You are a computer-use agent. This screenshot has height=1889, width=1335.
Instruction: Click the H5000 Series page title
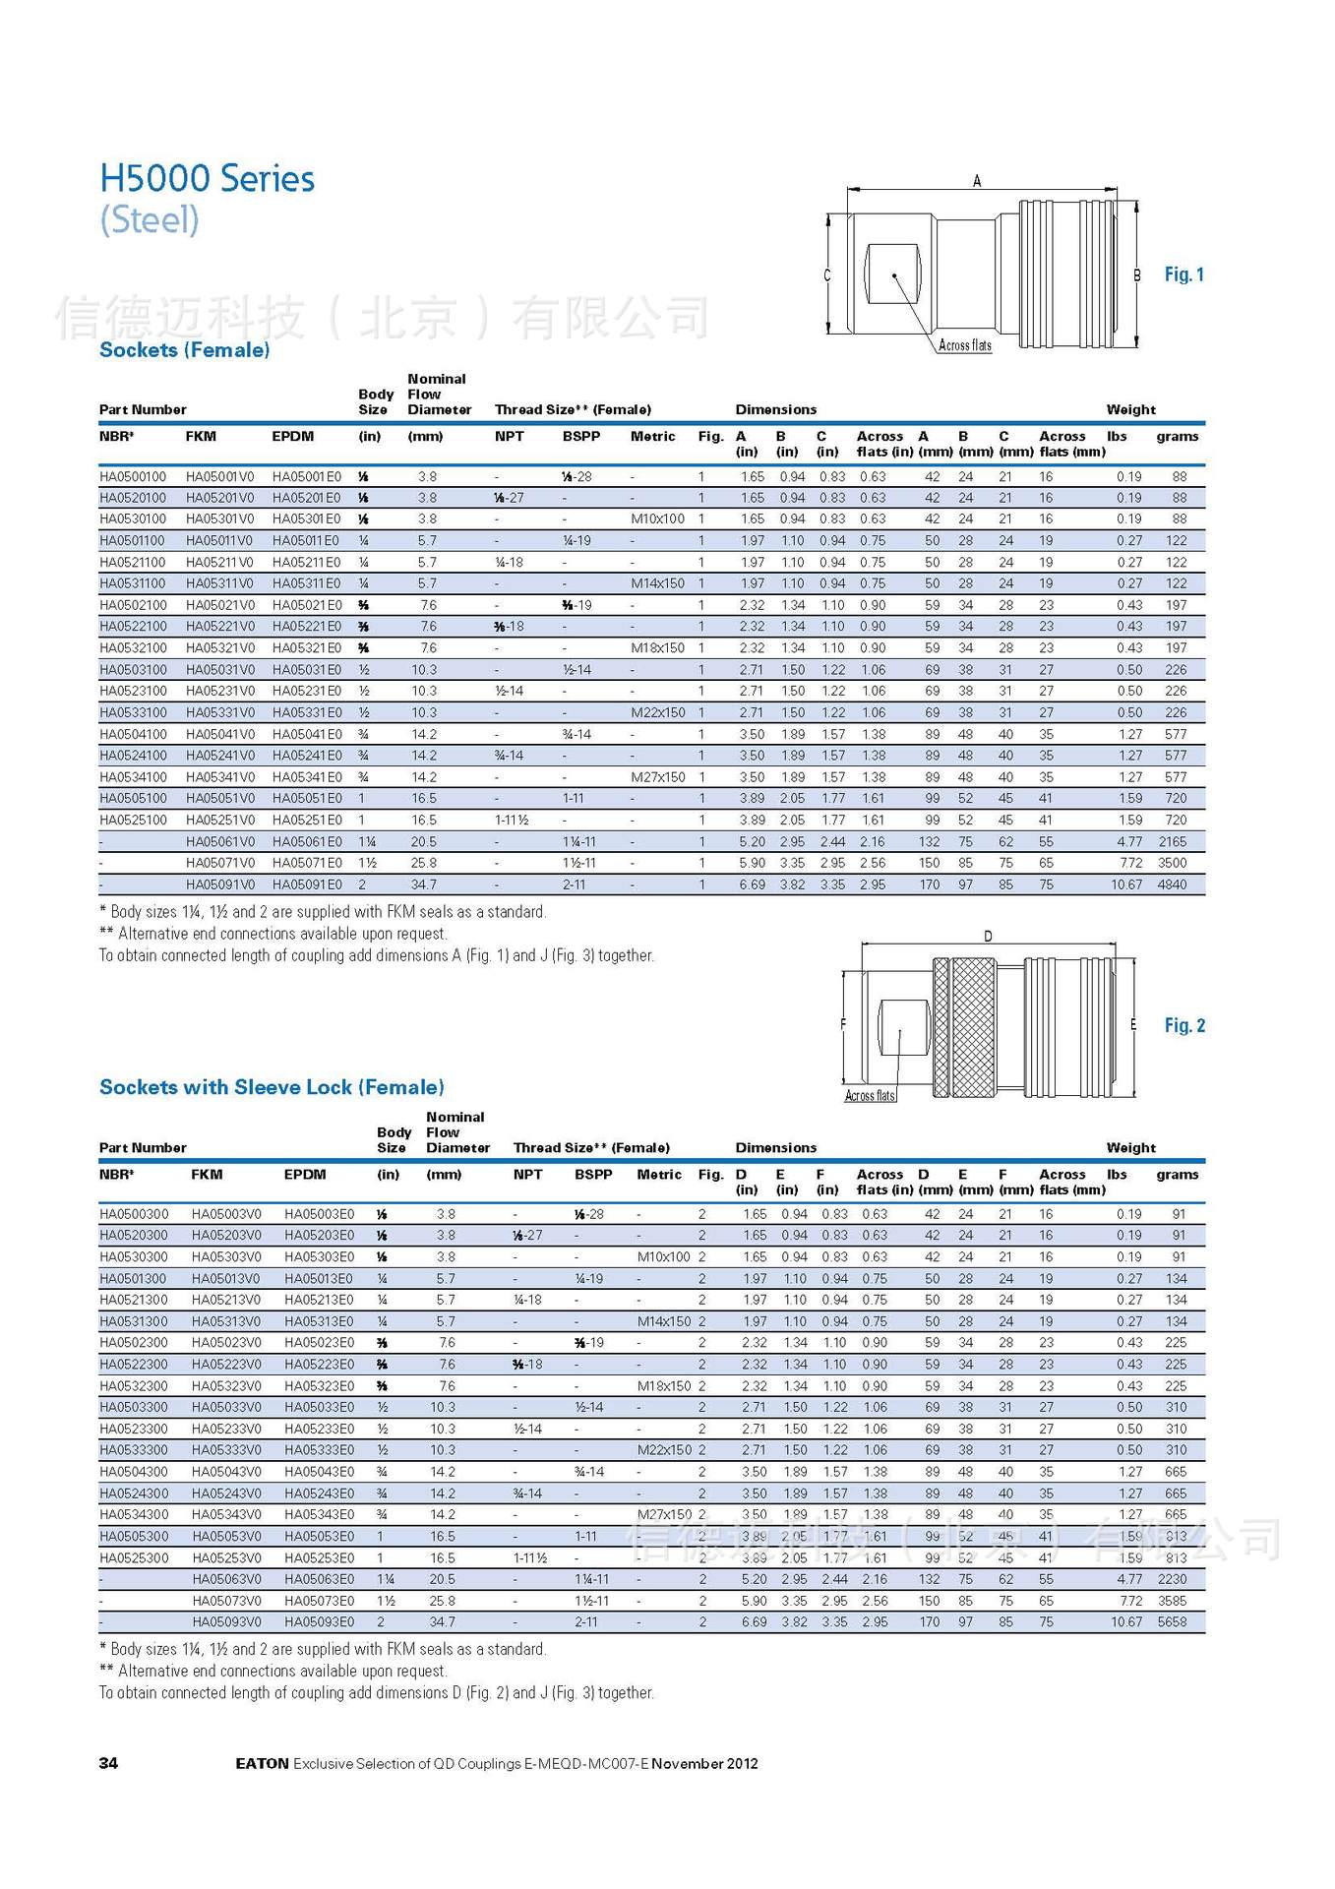pyautogui.click(x=207, y=179)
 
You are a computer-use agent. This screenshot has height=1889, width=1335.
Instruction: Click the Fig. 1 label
pyautogui.click(x=1183, y=274)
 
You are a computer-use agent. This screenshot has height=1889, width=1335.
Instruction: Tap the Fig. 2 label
pyautogui.click(x=1183, y=1025)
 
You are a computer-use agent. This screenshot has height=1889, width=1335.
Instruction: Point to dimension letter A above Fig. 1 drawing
pyautogui.click(x=977, y=181)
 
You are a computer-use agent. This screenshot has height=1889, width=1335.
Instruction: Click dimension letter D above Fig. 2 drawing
pyautogui.click(x=988, y=936)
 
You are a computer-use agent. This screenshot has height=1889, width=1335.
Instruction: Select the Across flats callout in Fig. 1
pyautogui.click(x=964, y=345)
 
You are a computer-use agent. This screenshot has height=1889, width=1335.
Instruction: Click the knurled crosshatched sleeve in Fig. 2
pyautogui.click(x=972, y=1026)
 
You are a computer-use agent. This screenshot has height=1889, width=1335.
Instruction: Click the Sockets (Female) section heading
pyautogui.click(x=184, y=350)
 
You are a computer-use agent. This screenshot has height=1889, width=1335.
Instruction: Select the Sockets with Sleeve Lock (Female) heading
pyautogui.click(x=272, y=1087)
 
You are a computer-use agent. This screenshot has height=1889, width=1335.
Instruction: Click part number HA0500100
pyautogui.click(x=133, y=476)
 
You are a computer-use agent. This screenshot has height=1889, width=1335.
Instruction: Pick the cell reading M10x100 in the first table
pyautogui.click(x=657, y=518)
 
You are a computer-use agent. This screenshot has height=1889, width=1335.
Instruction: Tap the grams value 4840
pyautogui.click(x=1172, y=884)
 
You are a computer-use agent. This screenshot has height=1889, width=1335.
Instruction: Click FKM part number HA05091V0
pyautogui.click(x=219, y=884)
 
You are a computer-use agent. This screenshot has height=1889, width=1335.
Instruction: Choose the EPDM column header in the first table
pyautogui.click(x=292, y=436)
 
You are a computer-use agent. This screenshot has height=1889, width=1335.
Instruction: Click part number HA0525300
pyautogui.click(x=134, y=1557)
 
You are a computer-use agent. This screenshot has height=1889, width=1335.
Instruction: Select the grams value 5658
pyautogui.click(x=1172, y=1621)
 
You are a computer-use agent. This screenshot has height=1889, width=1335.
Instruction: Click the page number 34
pyautogui.click(x=108, y=1763)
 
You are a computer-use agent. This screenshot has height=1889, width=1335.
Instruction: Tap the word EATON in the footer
pyautogui.click(x=262, y=1763)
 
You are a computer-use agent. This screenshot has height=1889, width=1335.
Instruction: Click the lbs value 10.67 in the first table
pyautogui.click(x=1126, y=884)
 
